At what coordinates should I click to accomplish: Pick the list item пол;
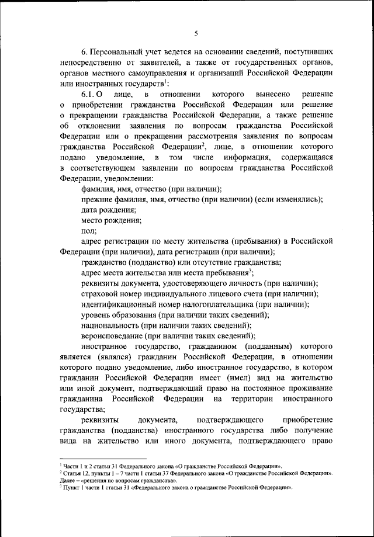89,231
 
